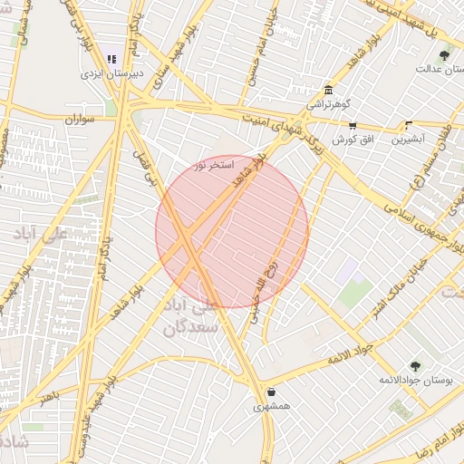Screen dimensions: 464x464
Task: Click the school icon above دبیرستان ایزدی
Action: point(111,59)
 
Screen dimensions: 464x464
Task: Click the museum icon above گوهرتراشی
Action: point(326,90)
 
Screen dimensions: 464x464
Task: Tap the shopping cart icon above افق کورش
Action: point(352,126)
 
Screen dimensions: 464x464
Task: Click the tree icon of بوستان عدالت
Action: point(444,55)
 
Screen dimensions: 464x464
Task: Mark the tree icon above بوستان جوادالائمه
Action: point(415,365)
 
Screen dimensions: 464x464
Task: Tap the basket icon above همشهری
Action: point(272,392)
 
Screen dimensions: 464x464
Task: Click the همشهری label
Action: point(272,407)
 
